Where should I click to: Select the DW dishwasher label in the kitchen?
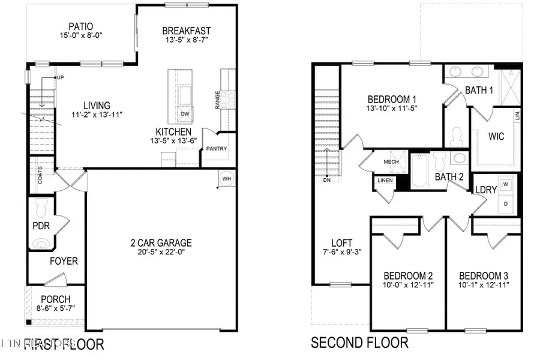pos(184,114)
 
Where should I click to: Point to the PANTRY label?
pos(216,149)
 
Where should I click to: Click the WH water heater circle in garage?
pos(226,178)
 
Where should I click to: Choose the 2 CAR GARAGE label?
pos(161,242)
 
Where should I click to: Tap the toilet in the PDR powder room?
pos(41,209)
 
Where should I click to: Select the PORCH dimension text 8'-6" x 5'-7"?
pos(55,308)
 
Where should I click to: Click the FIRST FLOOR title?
pos(64,344)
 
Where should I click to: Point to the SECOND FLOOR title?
pos(359,343)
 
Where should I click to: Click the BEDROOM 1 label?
pos(392,100)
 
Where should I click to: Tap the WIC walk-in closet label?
pos(496,136)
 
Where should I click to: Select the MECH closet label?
pos(391,162)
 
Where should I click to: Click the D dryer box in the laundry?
pos(505,203)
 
